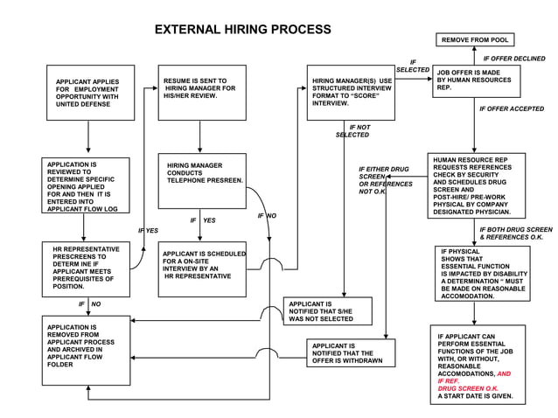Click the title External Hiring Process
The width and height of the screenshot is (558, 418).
(242, 30)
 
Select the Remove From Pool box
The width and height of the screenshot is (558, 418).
(475, 40)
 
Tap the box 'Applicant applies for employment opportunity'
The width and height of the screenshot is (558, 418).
(90, 92)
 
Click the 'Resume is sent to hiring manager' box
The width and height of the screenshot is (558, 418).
(201, 92)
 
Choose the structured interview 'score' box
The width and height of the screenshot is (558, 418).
(351, 92)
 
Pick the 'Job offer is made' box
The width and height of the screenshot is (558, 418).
(476, 81)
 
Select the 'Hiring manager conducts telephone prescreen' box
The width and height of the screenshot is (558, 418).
(202, 180)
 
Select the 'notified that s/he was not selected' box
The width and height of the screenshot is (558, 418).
(327, 311)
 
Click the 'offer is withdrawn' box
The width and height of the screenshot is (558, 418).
(351, 352)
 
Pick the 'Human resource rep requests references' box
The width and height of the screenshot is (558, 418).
(477, 185)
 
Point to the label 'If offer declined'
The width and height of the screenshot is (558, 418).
(513, 59)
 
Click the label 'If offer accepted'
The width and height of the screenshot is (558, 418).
(512, 109)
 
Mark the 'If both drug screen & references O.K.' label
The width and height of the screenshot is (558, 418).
(515, 233)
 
